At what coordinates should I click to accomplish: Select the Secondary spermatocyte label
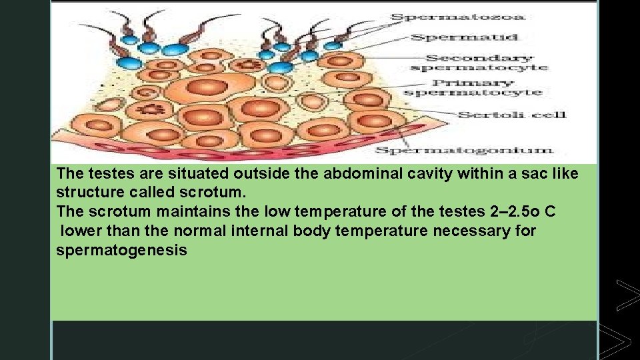click(479, 62)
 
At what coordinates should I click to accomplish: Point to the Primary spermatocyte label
click(473, 87)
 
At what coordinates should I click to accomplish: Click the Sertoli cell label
click(512, 115)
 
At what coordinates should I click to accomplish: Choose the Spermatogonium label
click(464, 150)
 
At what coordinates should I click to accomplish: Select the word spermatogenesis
click(121, 251)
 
